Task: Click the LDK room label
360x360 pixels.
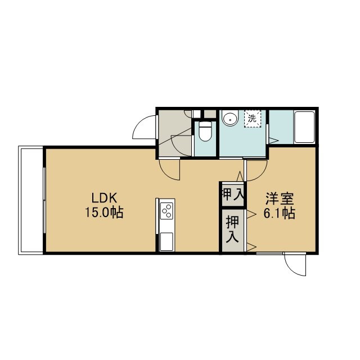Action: coord(105,198)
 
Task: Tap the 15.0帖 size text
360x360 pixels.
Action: coord(105,212)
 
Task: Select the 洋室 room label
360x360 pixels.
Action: coord(280,199)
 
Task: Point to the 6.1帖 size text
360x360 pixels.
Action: coord(279,213)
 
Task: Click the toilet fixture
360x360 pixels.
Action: coord(205,131)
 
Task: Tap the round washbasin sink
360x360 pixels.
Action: coord(230,118)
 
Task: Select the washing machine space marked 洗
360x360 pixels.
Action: coord(253,119)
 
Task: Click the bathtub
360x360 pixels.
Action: coord(304,128)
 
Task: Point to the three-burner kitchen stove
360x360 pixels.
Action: coord(166,211)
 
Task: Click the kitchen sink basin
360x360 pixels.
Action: coord(166,241)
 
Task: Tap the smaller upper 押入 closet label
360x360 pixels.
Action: coord(232,195)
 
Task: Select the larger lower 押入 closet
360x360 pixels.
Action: coord(232,229)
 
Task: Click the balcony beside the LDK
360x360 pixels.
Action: coord(31,200)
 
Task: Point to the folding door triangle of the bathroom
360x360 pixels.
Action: coord(273,140)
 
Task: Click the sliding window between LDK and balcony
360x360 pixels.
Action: coord(44,200)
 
